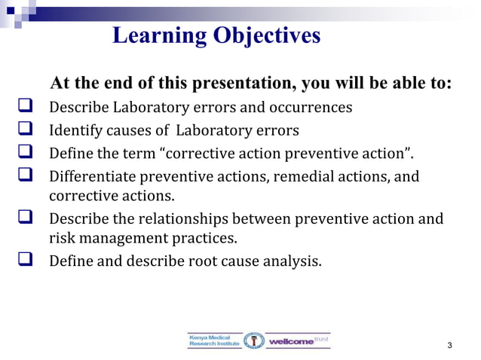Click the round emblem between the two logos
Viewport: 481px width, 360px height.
(255, 340)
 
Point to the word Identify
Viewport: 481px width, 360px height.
(75, 131)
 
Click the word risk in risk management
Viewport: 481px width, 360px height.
(61, 239)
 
